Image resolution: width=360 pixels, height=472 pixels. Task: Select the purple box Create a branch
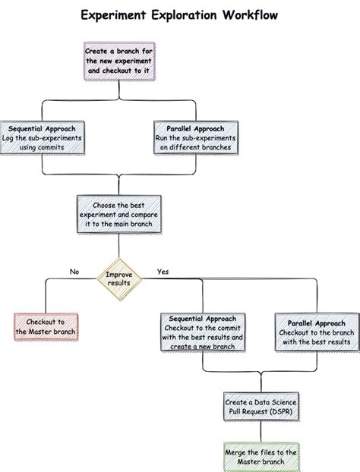pyautogui.click(x=118, y=60)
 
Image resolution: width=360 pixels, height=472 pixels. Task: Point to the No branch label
pyautogui.click(x=74, y=271)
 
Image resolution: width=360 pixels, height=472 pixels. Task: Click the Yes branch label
pyautogui.click(x=163, y=271)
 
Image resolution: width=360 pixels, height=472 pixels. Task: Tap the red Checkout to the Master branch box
pyautogui.click(x=46, y=327)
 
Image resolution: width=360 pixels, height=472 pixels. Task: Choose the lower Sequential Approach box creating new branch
pyautogui.click(x=202, y=332)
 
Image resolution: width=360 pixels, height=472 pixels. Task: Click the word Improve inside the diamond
pyautogui.click(x=118, y=274)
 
